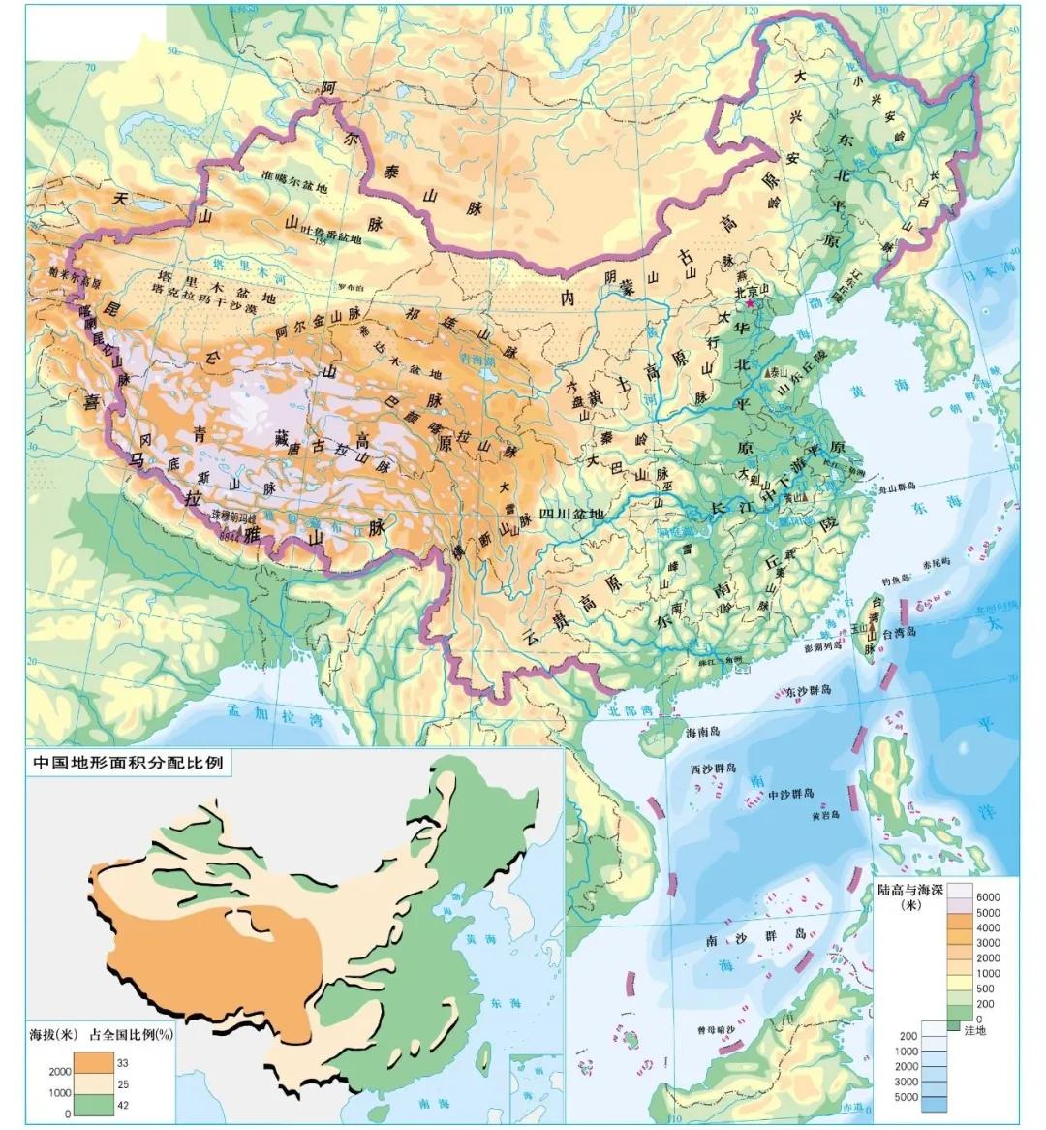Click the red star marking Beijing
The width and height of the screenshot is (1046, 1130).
(748, 303)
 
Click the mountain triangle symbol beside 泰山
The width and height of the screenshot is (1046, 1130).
(773, 372)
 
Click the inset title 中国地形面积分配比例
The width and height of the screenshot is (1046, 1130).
(128, 763)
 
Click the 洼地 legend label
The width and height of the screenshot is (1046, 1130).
(974, 1030)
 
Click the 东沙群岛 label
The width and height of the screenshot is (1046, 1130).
(808, 691)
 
